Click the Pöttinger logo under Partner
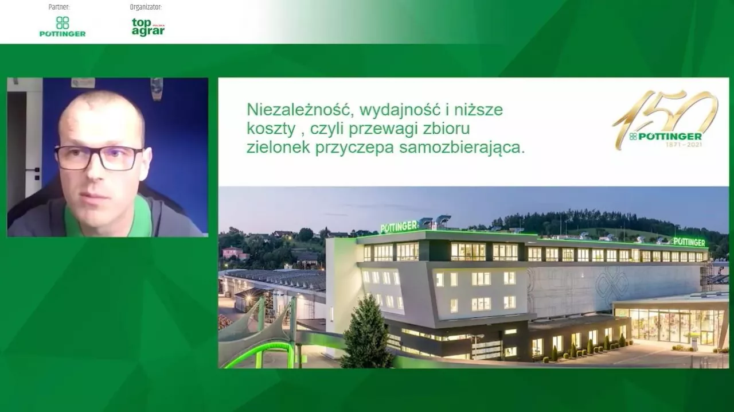63,26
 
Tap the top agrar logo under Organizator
148,27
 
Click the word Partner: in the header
59,7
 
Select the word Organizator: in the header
146,7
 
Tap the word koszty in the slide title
271,129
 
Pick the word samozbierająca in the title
462,148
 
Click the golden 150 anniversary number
665,115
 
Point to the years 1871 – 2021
684,145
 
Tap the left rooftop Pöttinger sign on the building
399,227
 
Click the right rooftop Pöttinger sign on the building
689,242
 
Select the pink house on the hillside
233,253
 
